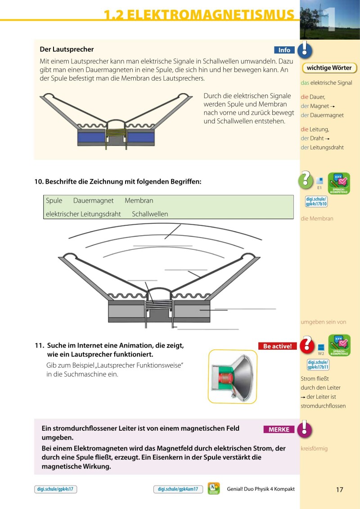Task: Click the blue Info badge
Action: [x=284, y=50]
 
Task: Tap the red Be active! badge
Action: [x=277, y=346]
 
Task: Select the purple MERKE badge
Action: [x=279, y=429]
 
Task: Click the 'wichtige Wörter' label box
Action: [x=329, y=68]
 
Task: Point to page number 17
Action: [x=339, y=489]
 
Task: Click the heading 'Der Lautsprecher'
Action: [x=67, y=50]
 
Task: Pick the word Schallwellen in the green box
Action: [x=150, y=214]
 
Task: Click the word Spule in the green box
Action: [x=54, y=201]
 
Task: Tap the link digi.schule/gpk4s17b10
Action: [x=316, y=202]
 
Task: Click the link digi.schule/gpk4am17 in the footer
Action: [x=178, y=489]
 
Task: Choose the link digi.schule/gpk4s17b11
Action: [x=317, y=365]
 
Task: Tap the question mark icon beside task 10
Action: [x=306, y=180]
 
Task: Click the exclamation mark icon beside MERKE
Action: [x=306, y=428]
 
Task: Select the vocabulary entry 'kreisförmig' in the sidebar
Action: [x=314, y=449]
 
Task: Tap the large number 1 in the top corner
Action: [x=332, y=20]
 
